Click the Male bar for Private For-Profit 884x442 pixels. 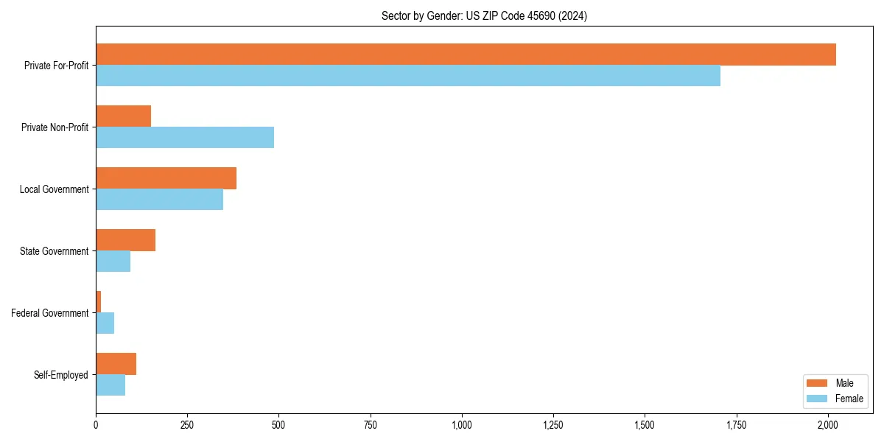(x=466, y=55)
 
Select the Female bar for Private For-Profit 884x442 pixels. (x=408, y=75)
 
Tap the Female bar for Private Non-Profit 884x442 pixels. (x=185, y=137)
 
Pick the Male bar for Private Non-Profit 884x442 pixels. (x=123, y=116)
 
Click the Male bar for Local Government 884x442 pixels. (x=166, y=178)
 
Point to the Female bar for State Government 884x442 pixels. (x=113, y=261)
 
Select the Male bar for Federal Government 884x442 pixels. (x=99, y=302)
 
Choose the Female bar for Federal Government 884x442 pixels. (x=105, y=323)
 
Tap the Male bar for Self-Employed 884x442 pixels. (x=116, y=364)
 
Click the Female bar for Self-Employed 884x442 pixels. (x=110, y=385)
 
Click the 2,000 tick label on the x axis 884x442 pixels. (x=828, y=425)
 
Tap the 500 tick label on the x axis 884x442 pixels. (x=278, y=425)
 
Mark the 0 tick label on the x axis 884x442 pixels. (x=96, y=425)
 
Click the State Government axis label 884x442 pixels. (x=54, y=251)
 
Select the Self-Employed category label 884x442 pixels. (x=60, y=375)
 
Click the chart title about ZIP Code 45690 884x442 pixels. (x=484, y=15)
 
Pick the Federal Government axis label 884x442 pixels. (x=50, y=313)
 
